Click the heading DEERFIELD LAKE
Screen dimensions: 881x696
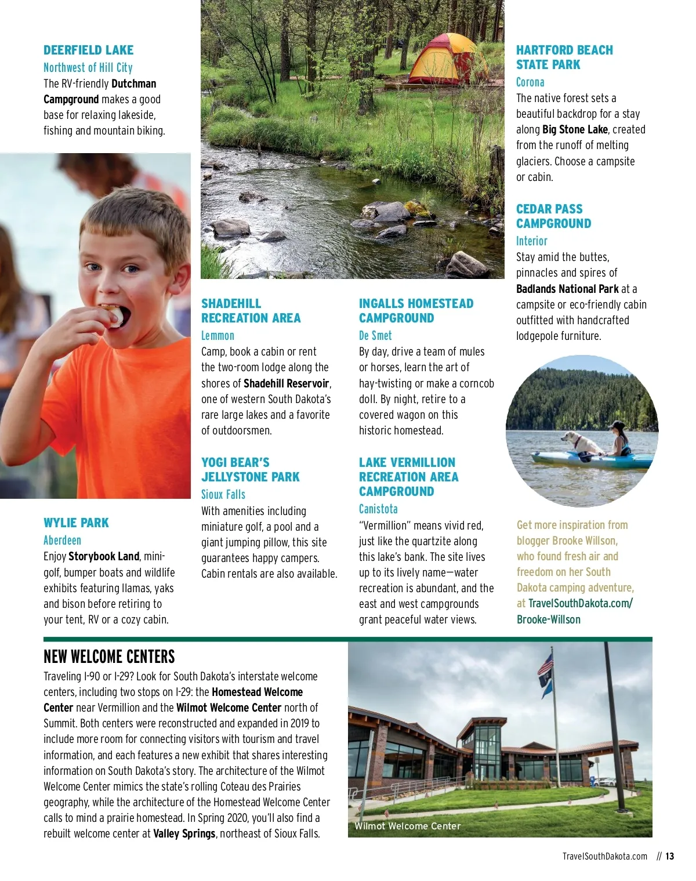pyautogui.click(x=88, y=50)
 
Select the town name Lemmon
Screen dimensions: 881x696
pyautogui.click(x=217, y=335)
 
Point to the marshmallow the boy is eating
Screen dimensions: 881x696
pyautogui.click(x=115, y=314)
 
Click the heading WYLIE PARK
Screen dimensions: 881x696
pyautogui.click(x=76, y=523)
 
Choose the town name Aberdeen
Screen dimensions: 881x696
pyautogui.click(x=62, y=540)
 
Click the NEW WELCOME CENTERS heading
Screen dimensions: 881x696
pyautogui.click(x=109, y=657)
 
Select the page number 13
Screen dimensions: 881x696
pyautogui.click(x=669, y=856)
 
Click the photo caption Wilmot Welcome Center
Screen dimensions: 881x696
pyautogui.click(x=407, y=826)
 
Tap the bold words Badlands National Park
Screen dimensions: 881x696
pyautogui.click(x=567, y=289)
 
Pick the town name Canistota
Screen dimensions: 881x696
pyautogui.click(x=378, y=509)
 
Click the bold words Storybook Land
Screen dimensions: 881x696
pyautogui.click(x=104, y=556)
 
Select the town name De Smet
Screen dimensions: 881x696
pyautogui.click(x=375, y=335)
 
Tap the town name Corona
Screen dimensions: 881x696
pyautogui.click(x=530, y=82)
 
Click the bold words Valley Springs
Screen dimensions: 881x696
pyautogui.click(x=184, y=833)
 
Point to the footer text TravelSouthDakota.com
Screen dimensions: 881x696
pyautogui.click(x=604, y=856)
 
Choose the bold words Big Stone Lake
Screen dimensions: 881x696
pyautogui.click(x=575, y=129)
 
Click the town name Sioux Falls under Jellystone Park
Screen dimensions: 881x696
pyautogui.click(x=223, y=494)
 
